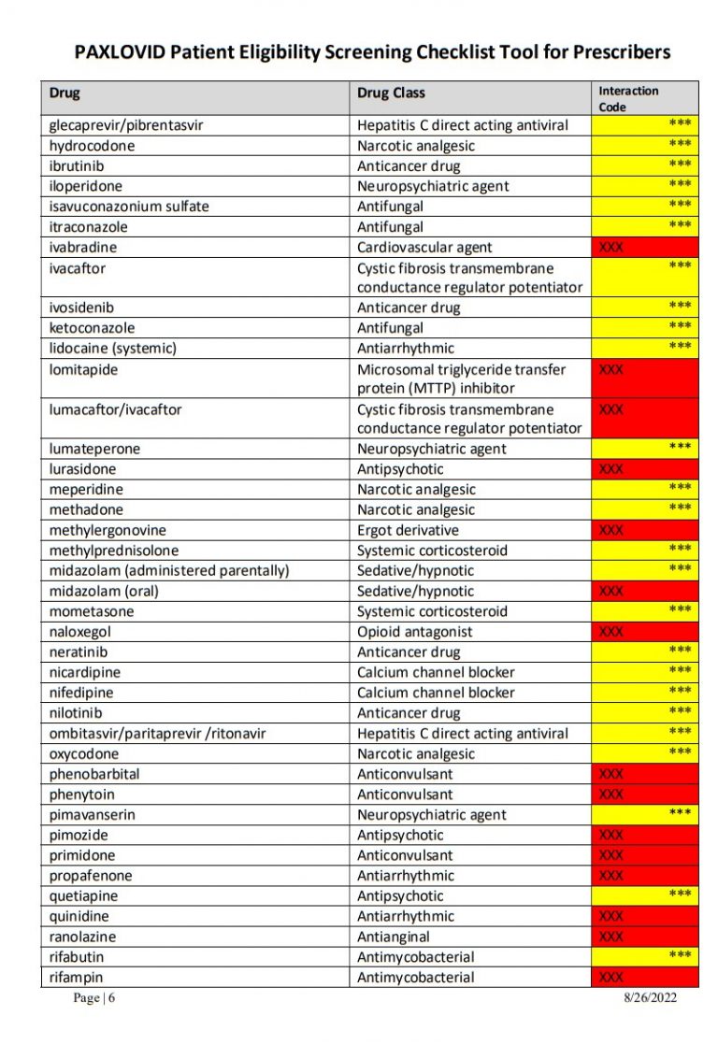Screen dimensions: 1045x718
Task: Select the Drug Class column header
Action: click(x=391, y=93)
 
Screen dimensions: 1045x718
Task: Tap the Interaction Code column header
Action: click(x=628, y=98)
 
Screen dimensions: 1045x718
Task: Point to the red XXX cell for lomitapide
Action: click(x=645, y=378)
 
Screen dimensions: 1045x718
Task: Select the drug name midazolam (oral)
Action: click(x=105, y=591)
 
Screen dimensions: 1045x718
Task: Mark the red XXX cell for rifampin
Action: click(x=645, y=978)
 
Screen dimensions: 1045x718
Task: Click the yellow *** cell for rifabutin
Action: click(x=645, y=956)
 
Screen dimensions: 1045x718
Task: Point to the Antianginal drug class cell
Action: click(x=391, y=937)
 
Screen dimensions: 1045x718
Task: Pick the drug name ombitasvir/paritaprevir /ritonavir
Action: click(x=157, y=734)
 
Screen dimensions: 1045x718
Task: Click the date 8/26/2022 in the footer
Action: click(x=651, y=998)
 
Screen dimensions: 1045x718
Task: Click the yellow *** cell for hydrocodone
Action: click(x=645, y=146)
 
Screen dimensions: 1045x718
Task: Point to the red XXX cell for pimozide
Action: click(x=645, y=835)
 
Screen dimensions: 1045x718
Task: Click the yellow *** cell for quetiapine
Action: click(x=645, y=895)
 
